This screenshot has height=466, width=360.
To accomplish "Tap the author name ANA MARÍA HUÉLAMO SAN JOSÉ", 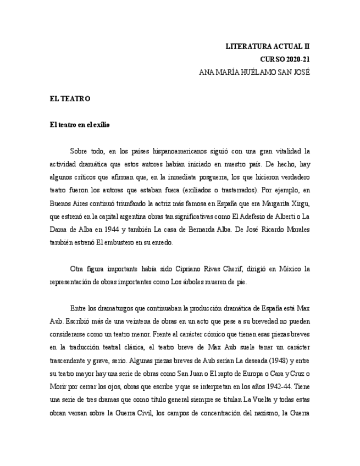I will (x=254, y=72).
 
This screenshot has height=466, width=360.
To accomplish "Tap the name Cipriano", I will (x=197, y=269).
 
